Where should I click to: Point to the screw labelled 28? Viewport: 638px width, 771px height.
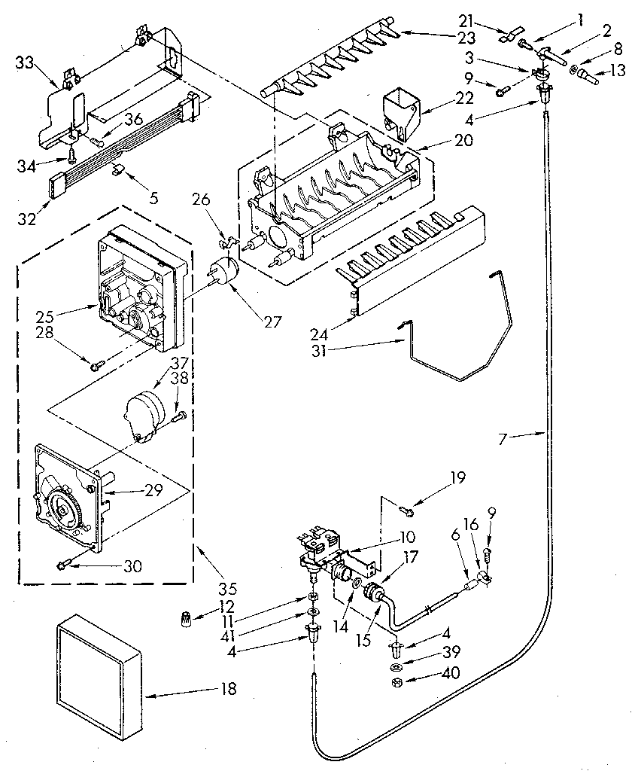[x=96, y=366]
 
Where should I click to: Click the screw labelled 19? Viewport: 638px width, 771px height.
[x=406, y=511]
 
